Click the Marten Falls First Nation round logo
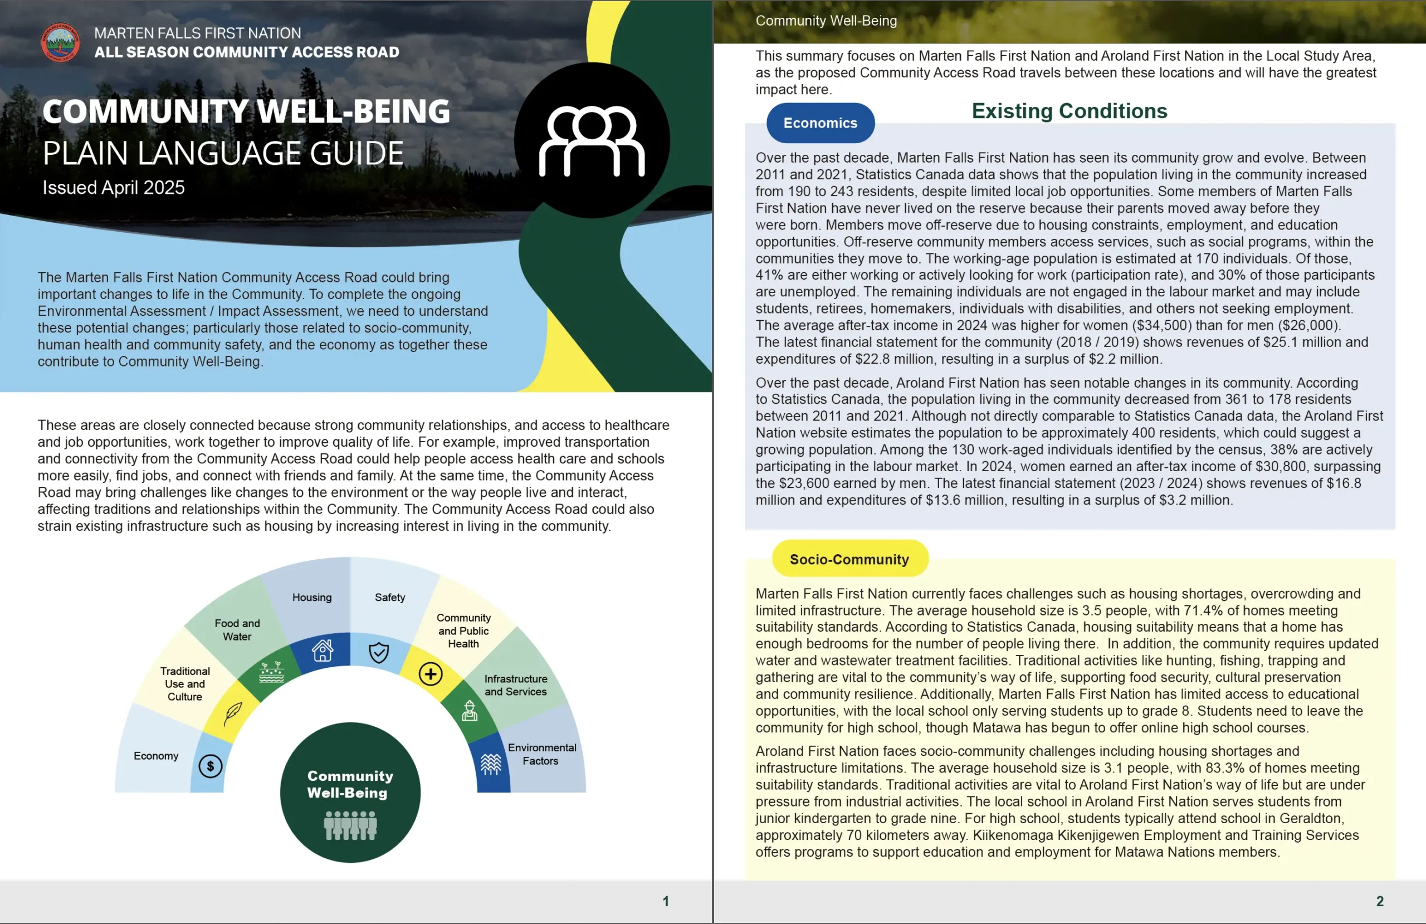pyautogui.click(x=60, y=42)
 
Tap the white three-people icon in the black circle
pyautogui.click(x=592, y=141)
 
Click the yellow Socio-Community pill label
pyautogui.click(x=849, y=559)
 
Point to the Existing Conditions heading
pyautogui.click(x=1069, y=111)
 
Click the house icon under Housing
pyautogui.click(x=323, y=650)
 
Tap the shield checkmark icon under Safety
pyautogui.click(x=379, y=653)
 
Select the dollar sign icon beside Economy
pyautogui.click(x=211, y=766)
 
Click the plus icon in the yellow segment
pyautogui.click(x=430, y=674)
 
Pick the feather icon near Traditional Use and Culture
pyautogui.click(x=233, y=712)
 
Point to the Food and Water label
pyautogui.click(x=237, y=630)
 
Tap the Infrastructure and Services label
pyautogui.click(x=515, y=685)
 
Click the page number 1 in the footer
pyautogui.click(x=666, y=901)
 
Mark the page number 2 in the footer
pyautogui.click(x=1380, y=901)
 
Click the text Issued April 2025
pyautogui.click(x=114, y=188)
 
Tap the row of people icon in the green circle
pyautogui.click(x=350, y=826)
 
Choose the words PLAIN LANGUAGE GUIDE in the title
pyautogui.click(x=223, y=153)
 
